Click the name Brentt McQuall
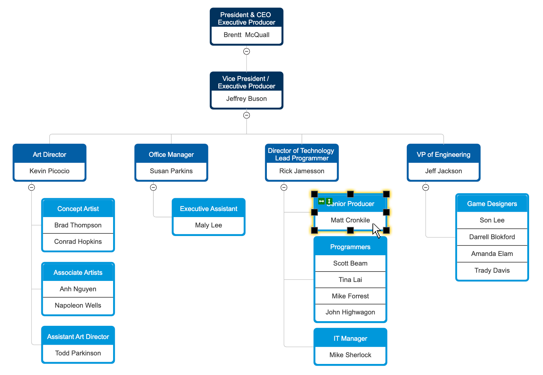[247, 35]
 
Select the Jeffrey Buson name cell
[247, 99]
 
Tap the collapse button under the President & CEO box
[247, 51]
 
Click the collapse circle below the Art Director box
[31, 187]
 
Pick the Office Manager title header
[171, 154]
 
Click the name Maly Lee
[208, 225]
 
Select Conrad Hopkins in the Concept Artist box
[78, 242]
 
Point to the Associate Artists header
[78, 273]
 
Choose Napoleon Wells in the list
[78, 305]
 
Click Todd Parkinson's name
[78, 353]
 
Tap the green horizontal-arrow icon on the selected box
[321, 201]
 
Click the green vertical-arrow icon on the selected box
[329, 201]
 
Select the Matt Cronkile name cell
[350, 220]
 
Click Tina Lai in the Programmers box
[350, 280]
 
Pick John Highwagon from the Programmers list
[350, 312]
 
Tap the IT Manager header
[350, 339]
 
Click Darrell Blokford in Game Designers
[492, 237]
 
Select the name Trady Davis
[492, 271]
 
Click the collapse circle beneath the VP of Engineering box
[426, 187]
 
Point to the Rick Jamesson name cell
[302, 171]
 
